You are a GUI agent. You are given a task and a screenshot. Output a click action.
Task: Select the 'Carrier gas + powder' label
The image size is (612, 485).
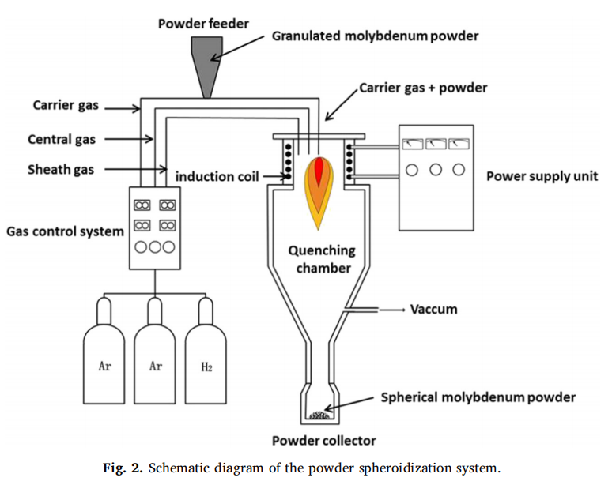click(x=423, y=88)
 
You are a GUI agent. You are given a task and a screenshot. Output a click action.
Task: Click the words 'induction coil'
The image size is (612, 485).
click(x=217, y=176)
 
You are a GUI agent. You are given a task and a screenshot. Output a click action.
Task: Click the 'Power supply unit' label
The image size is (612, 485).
click(x=542, y=176)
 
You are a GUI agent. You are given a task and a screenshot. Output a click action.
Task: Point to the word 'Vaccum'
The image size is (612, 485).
click(x=433, y=309)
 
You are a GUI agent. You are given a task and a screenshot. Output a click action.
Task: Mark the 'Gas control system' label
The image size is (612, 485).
click(x=65, y=231)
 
